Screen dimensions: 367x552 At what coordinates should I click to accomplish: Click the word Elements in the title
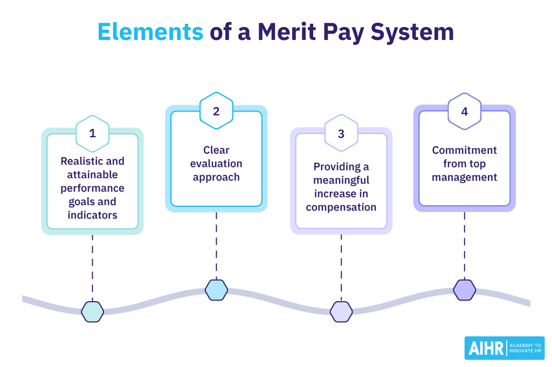(150, 32)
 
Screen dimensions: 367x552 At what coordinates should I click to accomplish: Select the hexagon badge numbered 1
(92, 133)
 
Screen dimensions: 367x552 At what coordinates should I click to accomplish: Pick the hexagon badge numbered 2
(216, 111)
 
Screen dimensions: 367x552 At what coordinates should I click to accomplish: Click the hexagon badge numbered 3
(341, 133)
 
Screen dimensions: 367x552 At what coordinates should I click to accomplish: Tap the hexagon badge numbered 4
(465, 112)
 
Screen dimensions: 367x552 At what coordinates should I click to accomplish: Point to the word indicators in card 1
(92, 215)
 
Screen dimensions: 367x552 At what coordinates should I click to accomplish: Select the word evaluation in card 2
(216, 164)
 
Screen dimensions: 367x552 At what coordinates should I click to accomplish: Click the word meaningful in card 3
(341, 180)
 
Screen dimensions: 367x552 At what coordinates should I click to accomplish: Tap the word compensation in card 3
(341, 207)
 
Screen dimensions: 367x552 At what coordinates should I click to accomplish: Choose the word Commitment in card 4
(465, 150)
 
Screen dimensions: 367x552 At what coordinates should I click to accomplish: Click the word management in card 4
(465, 177)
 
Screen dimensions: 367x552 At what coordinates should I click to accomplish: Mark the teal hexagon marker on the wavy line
(92, 311)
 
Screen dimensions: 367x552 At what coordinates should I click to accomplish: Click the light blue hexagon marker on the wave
(216, 290)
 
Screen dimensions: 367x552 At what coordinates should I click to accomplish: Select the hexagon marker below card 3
(341, 311)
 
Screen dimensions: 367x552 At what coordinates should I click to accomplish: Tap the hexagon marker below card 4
(465, 290)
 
